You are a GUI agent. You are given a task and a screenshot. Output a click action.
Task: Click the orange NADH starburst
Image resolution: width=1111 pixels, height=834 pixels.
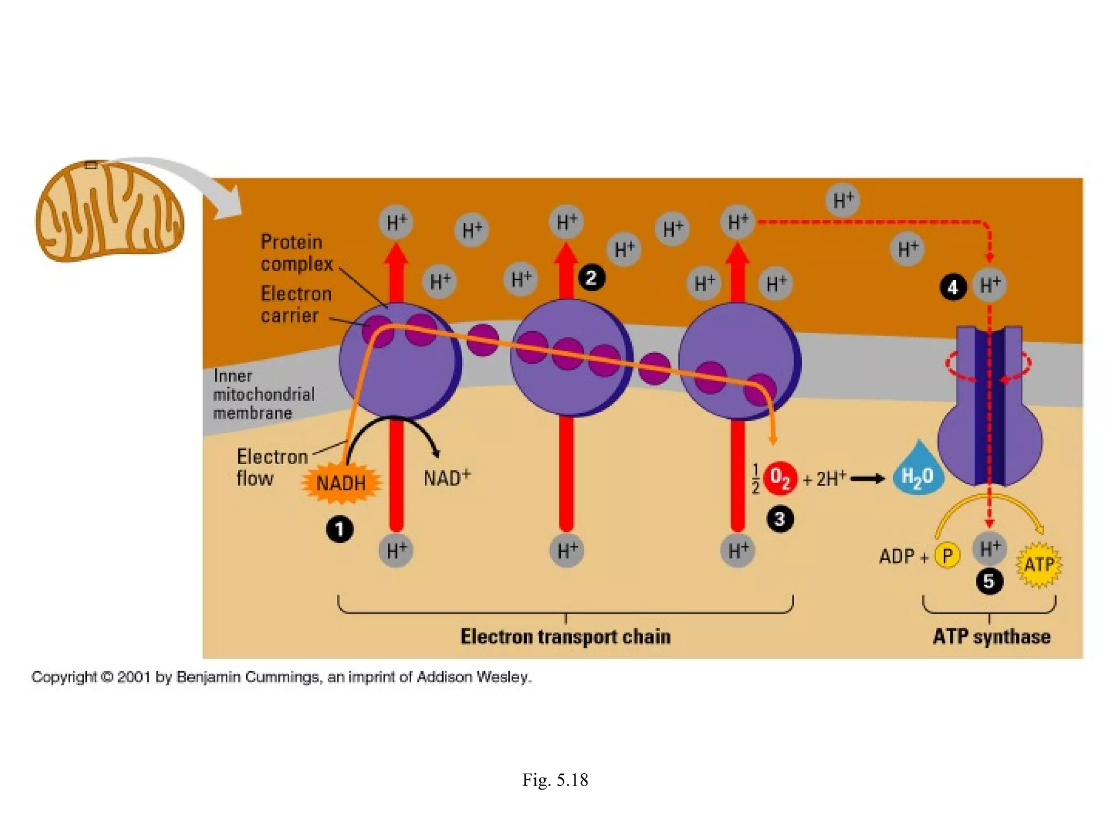click(x=341, y=483)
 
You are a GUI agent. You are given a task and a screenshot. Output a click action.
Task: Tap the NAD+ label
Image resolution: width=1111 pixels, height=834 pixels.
click(x=446, y=478)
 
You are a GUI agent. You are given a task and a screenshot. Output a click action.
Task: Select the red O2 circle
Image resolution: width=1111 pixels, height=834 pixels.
click(x=780, y=478)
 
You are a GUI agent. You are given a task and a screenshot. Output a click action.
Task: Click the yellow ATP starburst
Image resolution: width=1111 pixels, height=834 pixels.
click(x=1039, y=565)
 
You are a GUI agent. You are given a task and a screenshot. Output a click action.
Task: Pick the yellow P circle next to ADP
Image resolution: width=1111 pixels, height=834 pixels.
click(x=948, y=556)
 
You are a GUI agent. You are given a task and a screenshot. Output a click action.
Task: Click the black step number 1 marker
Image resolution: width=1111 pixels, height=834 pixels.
click(x=340, y=529)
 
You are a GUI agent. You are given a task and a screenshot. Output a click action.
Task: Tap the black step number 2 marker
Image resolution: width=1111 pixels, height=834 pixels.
click(x=591, y=278)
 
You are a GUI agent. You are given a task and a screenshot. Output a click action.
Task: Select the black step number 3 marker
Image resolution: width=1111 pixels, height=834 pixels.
click(x=780, y=519)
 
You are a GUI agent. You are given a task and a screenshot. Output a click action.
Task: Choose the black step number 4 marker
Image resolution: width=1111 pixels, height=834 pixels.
click(x=953, y=287)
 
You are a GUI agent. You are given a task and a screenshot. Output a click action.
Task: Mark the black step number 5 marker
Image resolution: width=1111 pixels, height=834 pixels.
click(x=989, y=582)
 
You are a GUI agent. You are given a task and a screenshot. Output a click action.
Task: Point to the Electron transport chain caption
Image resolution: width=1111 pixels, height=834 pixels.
click(x=565, y=636)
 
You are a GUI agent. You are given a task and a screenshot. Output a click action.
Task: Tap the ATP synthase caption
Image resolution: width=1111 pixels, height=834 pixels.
click(x=991, y=636)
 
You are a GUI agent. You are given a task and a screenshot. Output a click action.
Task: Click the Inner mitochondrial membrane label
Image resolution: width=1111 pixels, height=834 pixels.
click(x=264, y=394)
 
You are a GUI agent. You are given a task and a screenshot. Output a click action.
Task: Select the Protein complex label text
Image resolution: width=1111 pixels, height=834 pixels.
click(x=296, y=253)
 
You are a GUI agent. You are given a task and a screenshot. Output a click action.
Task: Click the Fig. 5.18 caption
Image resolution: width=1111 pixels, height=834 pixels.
click(x=555, y=780)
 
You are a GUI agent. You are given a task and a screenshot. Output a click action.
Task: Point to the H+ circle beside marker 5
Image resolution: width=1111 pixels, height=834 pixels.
click(x=989, y=548)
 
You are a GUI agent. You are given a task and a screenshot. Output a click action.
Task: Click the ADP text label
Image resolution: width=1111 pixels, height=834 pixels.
click(x=897, y=557)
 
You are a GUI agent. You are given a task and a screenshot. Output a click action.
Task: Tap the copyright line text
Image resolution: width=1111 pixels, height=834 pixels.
click(x=282, y=677)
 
